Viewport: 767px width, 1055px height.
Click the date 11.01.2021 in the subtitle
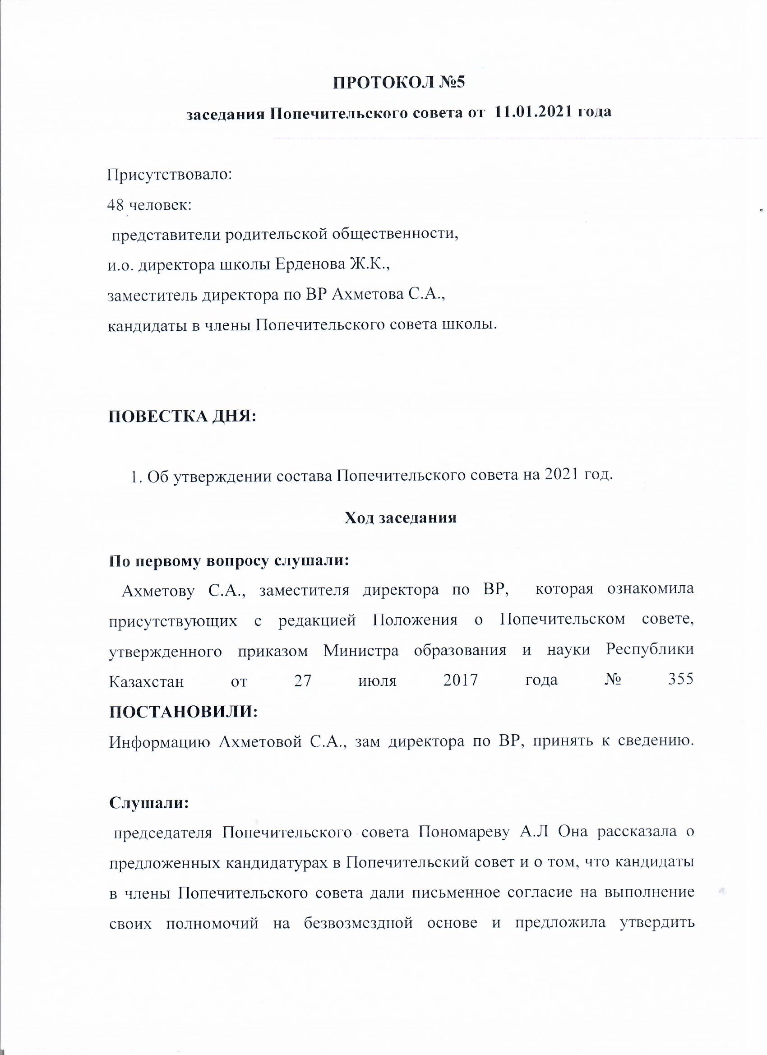(532, 112)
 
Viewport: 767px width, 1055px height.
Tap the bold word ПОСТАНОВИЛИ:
(183, 711)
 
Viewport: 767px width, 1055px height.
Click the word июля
(377, 681)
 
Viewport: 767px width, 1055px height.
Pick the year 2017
(461, 680)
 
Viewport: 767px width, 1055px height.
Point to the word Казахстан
(146, 681)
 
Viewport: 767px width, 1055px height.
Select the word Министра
(361, 650)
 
